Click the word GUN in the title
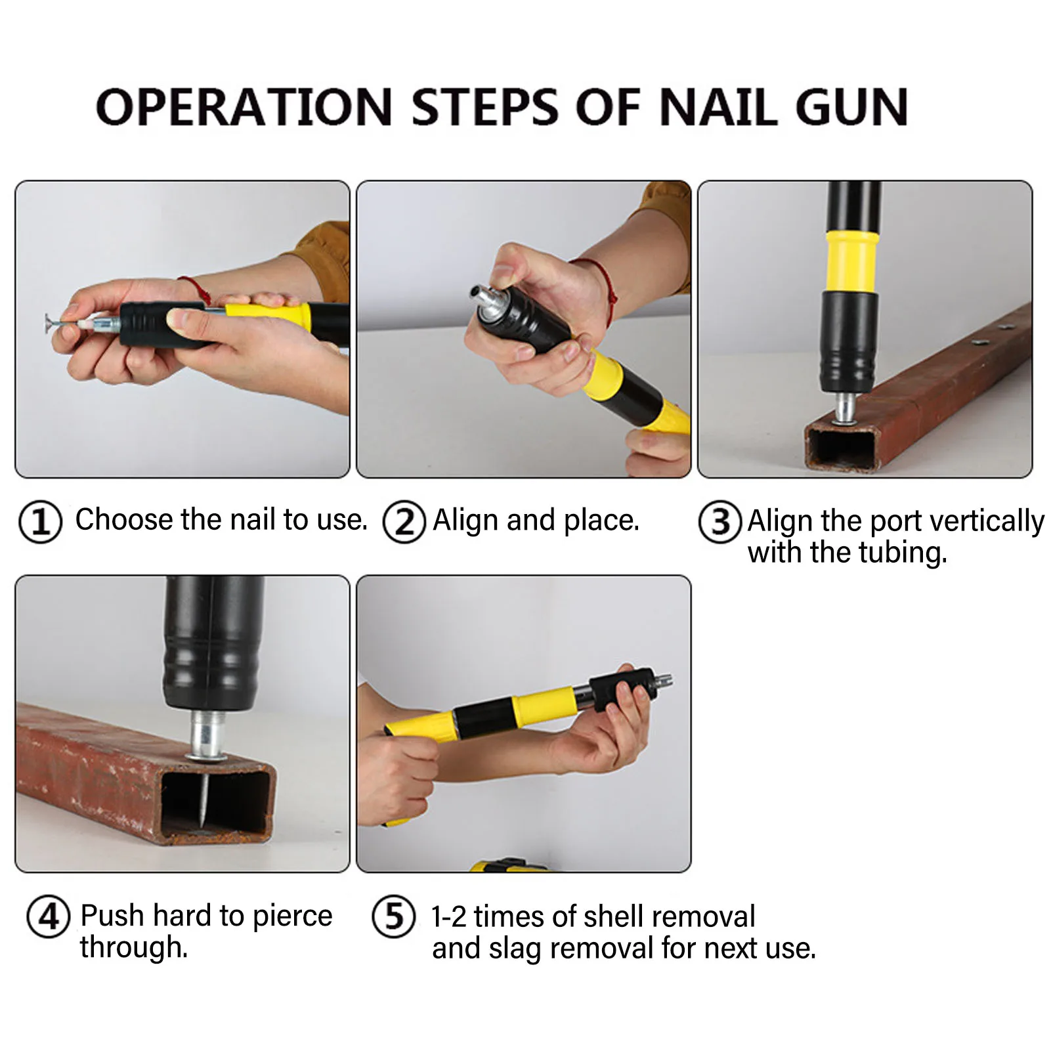(x=851, y=107)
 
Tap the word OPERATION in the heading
(x=244, y=107)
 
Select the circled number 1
(x=41, y=522)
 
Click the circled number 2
(x=404, y=522)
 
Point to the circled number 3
(x=720, y=522)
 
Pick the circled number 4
(x=48, y=916)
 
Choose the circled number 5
(x=393, y=916)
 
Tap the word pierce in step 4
(x=292, y=916)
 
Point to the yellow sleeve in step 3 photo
(x=852, y=261)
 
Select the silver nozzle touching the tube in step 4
(x=207, y=735)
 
